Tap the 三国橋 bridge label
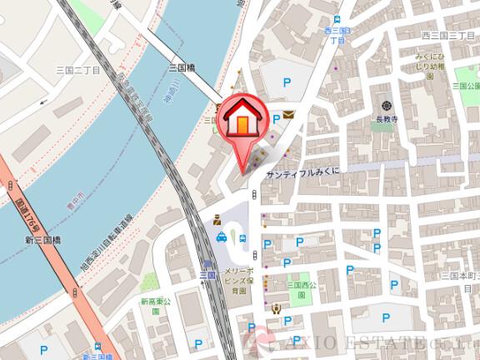pos(181,68)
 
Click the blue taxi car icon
pos(222,237)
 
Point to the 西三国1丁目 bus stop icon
pos(336,20)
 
